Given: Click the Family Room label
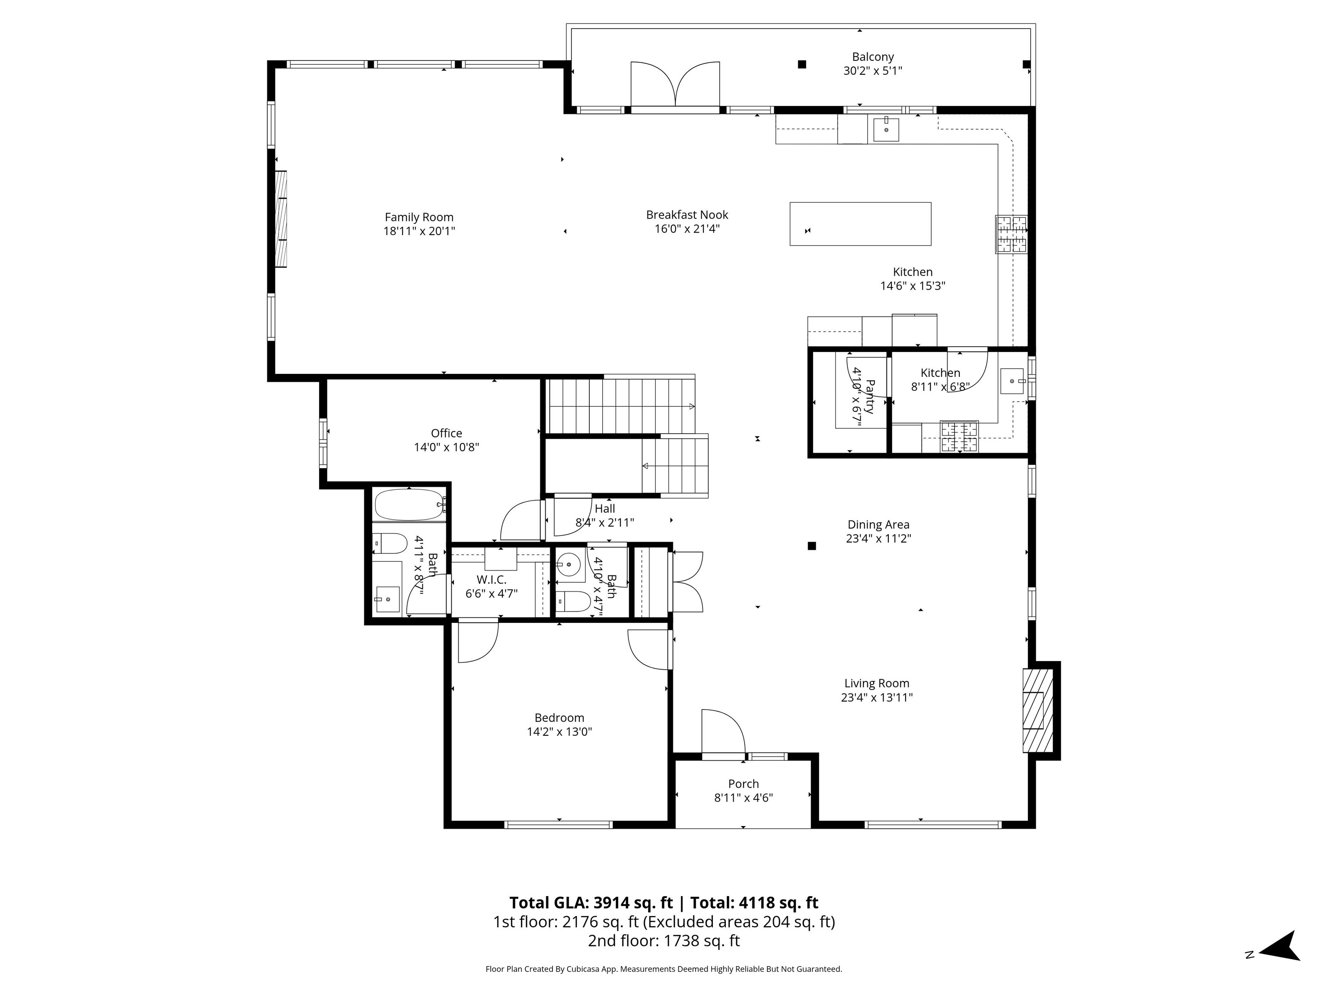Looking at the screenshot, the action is click(419, 217).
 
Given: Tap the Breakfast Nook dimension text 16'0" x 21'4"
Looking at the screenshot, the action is click(687, 229).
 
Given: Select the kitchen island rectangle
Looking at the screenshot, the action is click(860, 224).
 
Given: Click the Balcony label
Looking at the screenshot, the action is click(873, 57).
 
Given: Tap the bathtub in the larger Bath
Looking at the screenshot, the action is click(409, 504).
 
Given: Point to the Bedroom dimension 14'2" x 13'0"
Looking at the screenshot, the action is click(559, 732).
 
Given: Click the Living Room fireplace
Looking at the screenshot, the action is click(1038, 710).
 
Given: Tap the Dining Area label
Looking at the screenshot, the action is click(878, 525).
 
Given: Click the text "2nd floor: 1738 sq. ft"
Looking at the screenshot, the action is click(664, 941).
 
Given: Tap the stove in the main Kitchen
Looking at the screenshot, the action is click(1012, 234).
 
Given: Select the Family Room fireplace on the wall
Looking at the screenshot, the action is click(281, 220).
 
